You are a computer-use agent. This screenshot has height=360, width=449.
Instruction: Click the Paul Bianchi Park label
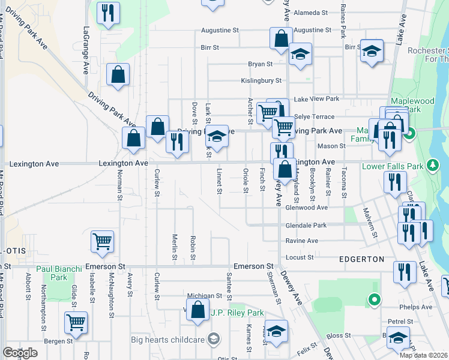click(x=59, y=273)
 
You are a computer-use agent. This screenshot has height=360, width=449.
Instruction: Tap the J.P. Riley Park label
click(x=237, y=313)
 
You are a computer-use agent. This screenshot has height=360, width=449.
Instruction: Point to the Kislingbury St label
click(x=261, y=80)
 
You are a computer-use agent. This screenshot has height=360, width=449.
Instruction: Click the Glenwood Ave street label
click(x=306, y=208)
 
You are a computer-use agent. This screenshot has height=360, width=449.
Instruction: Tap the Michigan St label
click(x=205, y=296)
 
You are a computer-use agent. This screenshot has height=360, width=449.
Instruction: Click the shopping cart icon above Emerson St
click(x=102, y=242)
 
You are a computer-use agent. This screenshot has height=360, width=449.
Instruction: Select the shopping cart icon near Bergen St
click(x=76, y=322)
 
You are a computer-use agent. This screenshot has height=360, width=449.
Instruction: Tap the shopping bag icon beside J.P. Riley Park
click(x=197, y=310)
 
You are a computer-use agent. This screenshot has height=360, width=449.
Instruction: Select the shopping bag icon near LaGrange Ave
click(x=118, y=75)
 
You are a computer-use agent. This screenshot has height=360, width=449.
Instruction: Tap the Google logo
click(x=20, y=353)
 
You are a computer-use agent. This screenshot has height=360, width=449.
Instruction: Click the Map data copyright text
click(x=424, y=355)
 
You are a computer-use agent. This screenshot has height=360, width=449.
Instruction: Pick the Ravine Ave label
click(x=301, y=241)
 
